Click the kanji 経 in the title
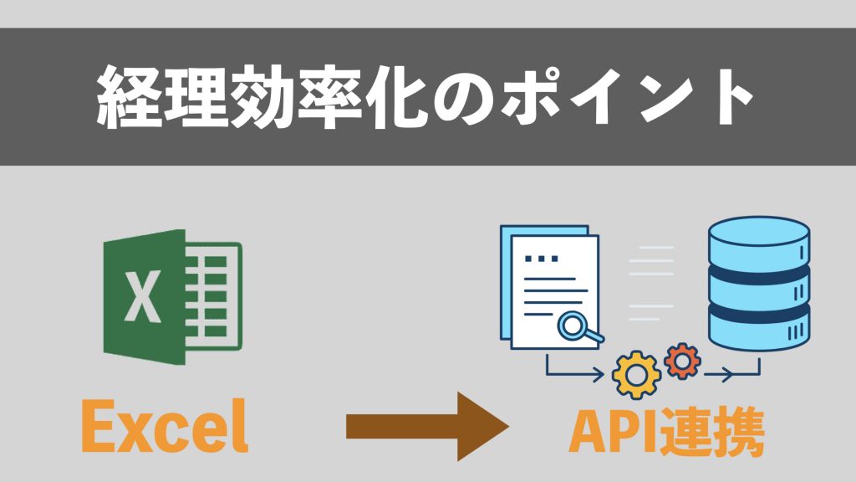click(x=129, y=98)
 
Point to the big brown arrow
click(x=426, y=428)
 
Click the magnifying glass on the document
click(x=577, y=326)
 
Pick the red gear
click(x=682, y=361)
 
